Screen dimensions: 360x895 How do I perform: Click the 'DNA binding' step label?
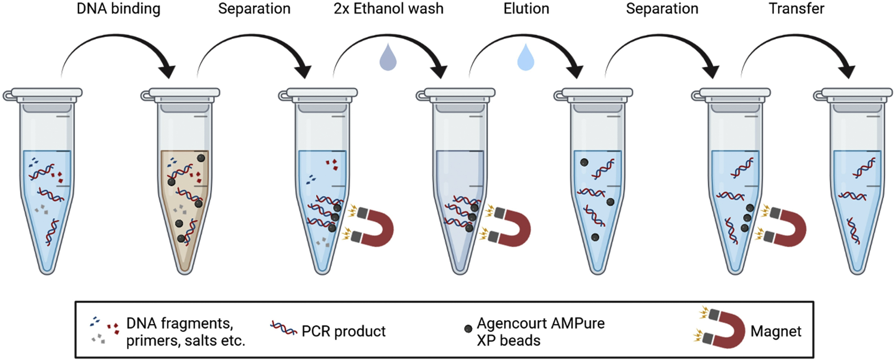(118, 9)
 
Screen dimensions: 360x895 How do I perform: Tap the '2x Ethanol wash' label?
(388, 9)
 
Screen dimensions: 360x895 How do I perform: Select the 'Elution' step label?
(526, 9)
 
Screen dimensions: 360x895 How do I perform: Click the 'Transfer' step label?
(797, 9)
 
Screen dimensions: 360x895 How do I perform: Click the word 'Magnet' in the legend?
(775, 332)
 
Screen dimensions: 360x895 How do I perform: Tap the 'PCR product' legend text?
(343, 332)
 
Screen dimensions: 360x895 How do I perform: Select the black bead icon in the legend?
(468, 329)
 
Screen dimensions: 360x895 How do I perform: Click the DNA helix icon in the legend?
(284, 328)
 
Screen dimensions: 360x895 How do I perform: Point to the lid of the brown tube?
(184, 93)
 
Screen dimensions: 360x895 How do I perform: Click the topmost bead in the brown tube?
(201, 158)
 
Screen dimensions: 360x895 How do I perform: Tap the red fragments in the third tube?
(332, 164)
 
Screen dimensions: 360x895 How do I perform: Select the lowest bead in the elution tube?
(595, 237)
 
